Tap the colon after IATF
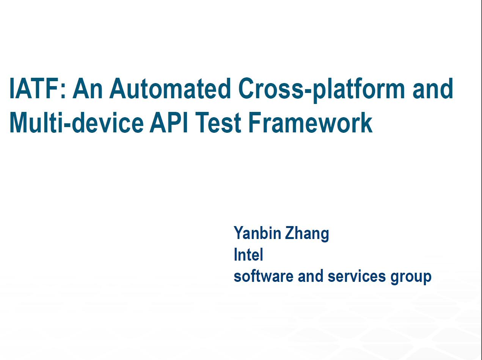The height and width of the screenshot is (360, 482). (63, 91)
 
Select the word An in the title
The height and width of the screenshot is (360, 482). (88, 88)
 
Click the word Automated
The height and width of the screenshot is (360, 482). (170, 88)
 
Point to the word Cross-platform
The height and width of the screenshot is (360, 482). (322, 90)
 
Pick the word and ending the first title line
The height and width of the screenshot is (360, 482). (433, 88)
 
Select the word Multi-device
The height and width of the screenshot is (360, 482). (77, 123)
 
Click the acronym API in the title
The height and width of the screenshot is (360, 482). (169, 123)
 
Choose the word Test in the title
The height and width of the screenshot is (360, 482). (218, 123)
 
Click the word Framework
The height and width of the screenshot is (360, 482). (311, 123)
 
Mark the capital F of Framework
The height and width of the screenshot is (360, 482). (255, 123)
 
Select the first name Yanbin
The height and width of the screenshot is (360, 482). (257, 233)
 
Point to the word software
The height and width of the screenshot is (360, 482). (264, 276)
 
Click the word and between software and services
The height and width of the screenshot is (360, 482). (311, 276)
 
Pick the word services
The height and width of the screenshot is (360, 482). (356, 276)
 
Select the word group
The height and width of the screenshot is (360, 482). (411, 277)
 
